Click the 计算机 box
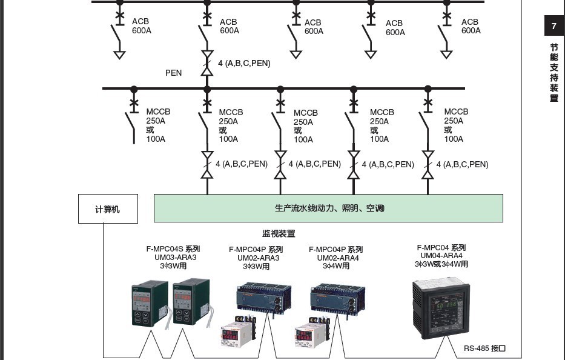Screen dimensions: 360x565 tap(108, 209)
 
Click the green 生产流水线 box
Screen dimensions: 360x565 tap(328, 208)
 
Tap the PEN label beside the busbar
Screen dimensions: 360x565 tap(173, 73)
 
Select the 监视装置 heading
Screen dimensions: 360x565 tap(279, 233)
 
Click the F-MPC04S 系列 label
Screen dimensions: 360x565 tap(173, 248)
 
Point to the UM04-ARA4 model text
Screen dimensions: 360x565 tap(441, 256)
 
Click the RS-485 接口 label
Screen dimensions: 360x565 tap(484, 348)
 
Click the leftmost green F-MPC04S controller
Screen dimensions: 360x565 tap(149, 304)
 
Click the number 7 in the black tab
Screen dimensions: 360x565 tap(553, 26)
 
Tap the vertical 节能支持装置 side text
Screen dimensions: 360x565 tap(553, 73)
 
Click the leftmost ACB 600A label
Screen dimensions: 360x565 tap(141, 26)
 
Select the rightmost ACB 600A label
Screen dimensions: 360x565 tap(471, 26)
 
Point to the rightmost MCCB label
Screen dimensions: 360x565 tap(455, 125)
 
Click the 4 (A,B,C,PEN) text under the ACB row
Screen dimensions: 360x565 tap(244, 63)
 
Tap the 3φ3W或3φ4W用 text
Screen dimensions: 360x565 tap(441, 264)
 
